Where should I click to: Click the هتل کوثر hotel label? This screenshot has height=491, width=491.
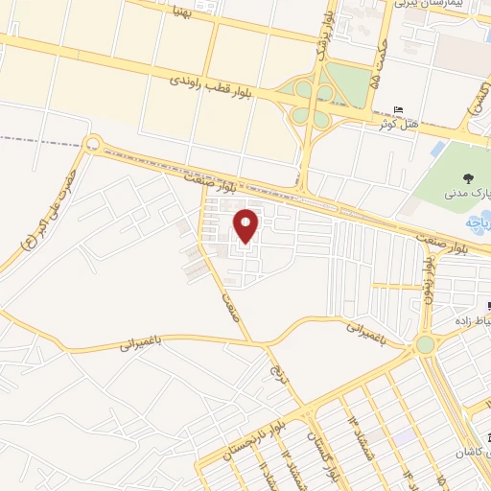(x=396, y=124)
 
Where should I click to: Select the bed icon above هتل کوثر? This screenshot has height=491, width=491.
(x=398, y=108)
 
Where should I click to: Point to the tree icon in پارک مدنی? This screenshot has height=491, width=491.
(x=467, y=177)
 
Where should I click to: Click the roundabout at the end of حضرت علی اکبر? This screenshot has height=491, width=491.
(x=92, y=145)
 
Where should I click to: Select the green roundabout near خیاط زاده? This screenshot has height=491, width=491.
(x=424, y=344)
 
